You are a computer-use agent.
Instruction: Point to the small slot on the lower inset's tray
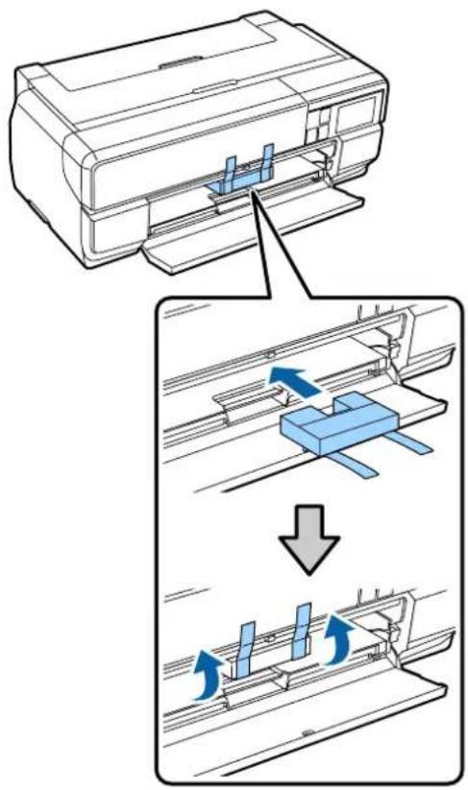coord(305,732)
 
